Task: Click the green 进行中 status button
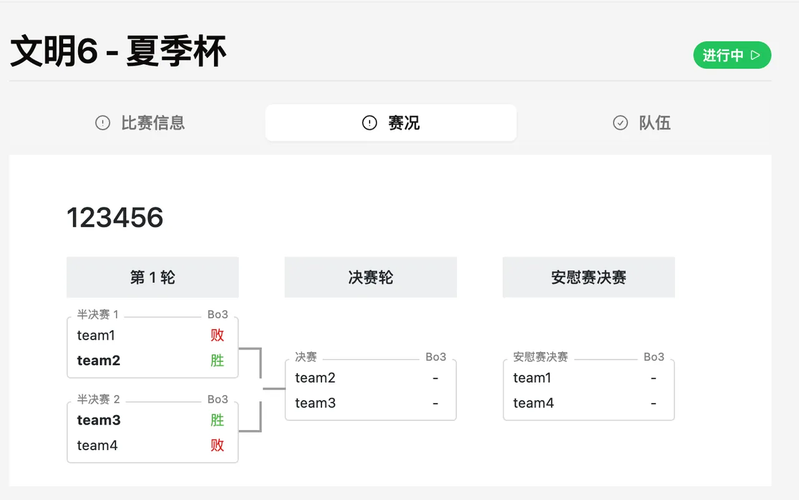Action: click(732, 55)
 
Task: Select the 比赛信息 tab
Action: click(140, 123)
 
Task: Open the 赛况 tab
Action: click(391, 123)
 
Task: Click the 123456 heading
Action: click(115, 217)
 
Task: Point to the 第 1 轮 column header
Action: click(153, 277)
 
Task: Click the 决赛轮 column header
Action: click(371, 277)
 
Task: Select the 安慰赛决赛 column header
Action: click(589, 277)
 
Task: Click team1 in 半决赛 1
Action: click(96, 335)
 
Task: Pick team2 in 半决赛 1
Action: click(99, 360)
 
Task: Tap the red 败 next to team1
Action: click(217, 335)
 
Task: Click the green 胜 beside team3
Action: click(217, 420)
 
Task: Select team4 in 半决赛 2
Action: click(97, 446)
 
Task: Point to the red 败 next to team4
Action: click(217, 446)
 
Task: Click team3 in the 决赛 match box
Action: click(315, 403)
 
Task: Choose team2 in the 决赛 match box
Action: click(315, 378)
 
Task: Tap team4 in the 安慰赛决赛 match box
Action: click(533, 403)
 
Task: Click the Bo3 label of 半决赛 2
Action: click(218, 399)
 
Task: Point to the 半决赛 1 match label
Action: click(98, 314)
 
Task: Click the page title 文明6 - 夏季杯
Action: click(118, 51)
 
